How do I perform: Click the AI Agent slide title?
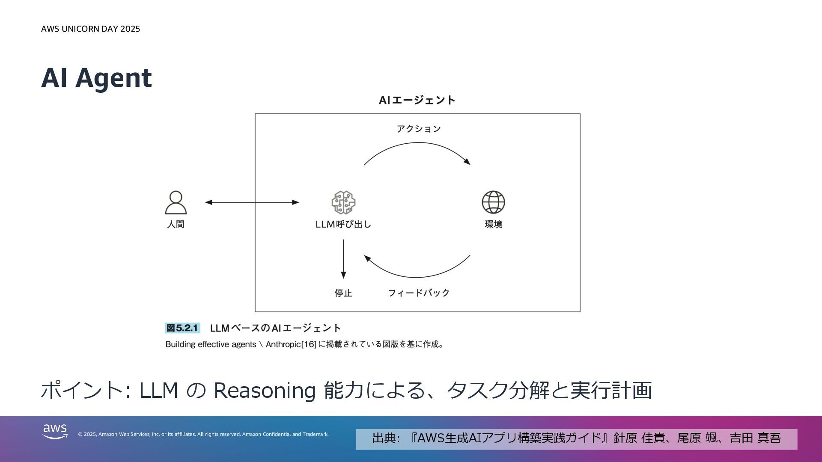[x=96, y=78]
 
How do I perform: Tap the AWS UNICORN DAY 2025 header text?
[x=90, y=29]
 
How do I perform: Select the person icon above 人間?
[x=176, y=202]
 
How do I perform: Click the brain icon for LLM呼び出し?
[x=343, y=202]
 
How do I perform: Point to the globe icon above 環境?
[x=493, y=202]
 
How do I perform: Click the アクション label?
[x=418, y=129]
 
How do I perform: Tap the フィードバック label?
[x=418, y=293]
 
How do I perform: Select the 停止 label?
[x=343, y=293]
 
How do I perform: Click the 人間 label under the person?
[x=176, y=224]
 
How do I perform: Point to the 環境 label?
[x=493, y=224]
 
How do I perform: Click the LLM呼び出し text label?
[x=343, y=224]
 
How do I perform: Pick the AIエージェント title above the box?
[x=417, y=100]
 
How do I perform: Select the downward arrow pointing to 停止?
[x=343, y=259]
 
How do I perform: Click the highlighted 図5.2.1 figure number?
[x=182, y=328]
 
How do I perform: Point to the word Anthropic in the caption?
[x=283, y=344]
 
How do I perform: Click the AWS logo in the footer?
[x=55, y=432]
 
